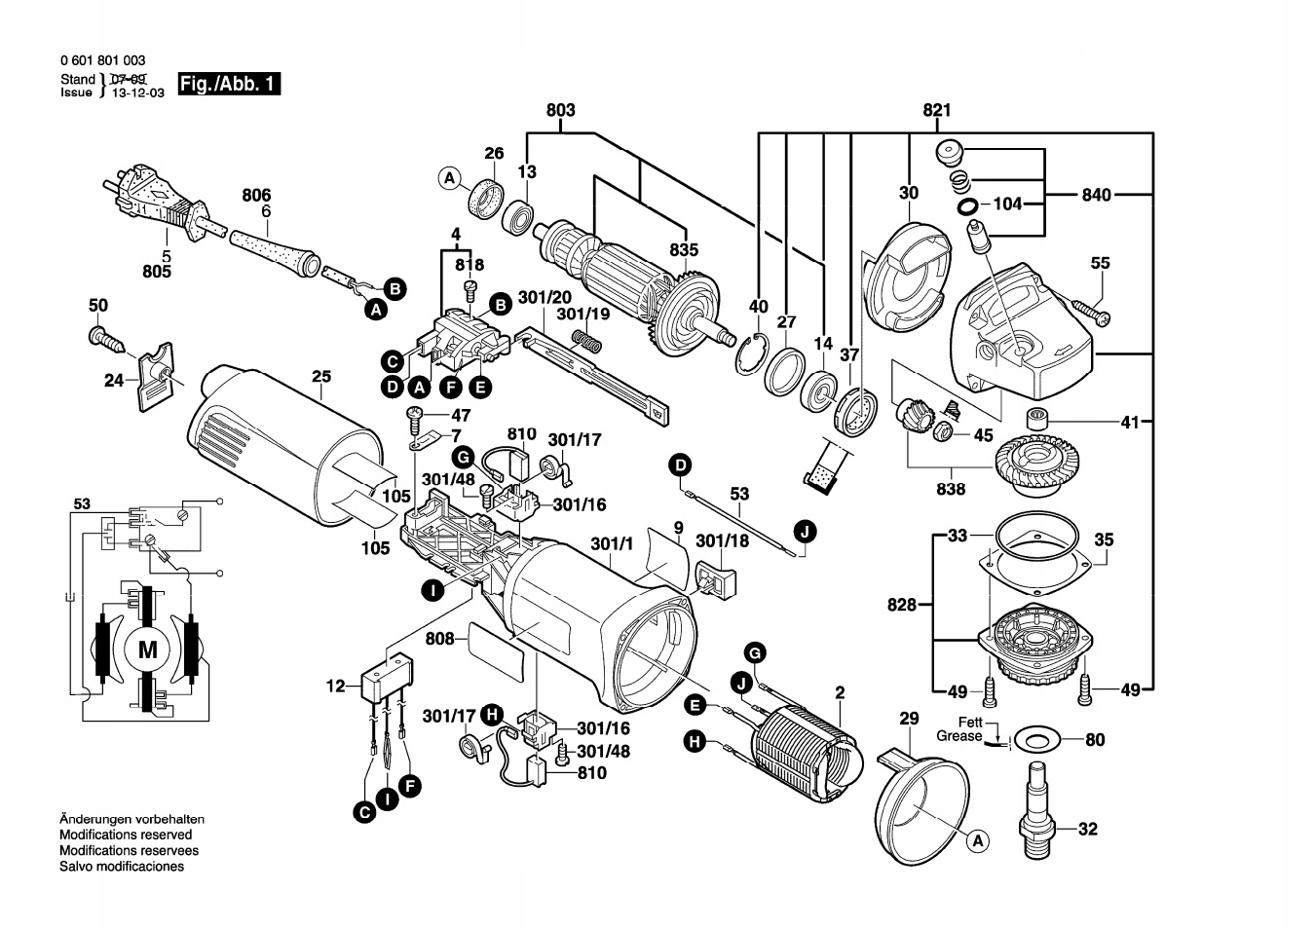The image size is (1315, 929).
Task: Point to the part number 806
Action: tap(256, 196)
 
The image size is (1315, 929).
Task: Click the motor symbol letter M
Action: tap(147, 650)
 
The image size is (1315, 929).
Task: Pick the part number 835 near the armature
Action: tap(685, 250)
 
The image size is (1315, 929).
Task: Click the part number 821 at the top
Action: tap(936, 111)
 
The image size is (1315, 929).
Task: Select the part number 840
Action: tap(1096, 195)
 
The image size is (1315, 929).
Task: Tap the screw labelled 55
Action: tap(1092, 312)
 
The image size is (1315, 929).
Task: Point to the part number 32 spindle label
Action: tap(1088, 830)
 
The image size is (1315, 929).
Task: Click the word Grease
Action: tap(959, 736)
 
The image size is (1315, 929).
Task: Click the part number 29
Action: tap(909, 719)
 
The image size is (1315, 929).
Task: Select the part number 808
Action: tap(440, 639)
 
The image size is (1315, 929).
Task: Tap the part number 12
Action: tap(336, 687)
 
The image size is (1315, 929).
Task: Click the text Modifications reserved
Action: tap(126, 835)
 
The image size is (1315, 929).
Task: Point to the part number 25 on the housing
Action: tap(321, 377)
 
